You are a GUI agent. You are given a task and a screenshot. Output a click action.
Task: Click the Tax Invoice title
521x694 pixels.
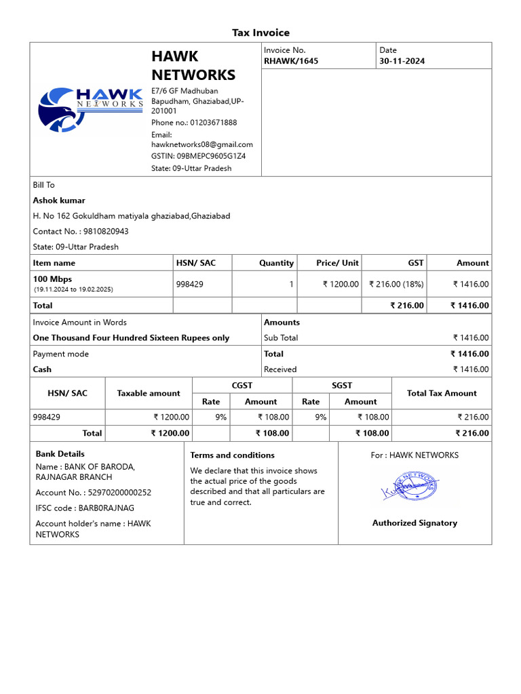coord(260,33)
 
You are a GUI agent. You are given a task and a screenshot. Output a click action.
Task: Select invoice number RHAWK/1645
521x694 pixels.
coord(290,61)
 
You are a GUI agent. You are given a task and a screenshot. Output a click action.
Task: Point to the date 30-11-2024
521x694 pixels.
coord(402,61)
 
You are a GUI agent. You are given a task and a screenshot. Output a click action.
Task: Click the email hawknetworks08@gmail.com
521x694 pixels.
coord(201,144)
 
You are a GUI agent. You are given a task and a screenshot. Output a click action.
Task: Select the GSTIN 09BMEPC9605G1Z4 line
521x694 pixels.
coord(198,156)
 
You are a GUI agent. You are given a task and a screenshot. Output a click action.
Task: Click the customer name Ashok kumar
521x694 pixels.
coord(59,201)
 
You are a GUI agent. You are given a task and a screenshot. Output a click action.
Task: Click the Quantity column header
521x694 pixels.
coord(276,263)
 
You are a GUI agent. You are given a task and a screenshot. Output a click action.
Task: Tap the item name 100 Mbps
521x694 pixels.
coord(52,279)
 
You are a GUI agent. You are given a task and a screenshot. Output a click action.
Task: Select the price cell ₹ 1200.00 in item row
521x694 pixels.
coord(341,285)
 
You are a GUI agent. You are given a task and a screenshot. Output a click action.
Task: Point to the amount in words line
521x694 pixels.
coord(131,338)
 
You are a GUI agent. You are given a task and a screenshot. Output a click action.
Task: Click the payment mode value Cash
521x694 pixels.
coord(42,369)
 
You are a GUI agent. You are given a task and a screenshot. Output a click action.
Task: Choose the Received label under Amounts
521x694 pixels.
coord(280,369)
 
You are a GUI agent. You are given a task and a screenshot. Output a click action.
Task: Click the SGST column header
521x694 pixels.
coord(342,385)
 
